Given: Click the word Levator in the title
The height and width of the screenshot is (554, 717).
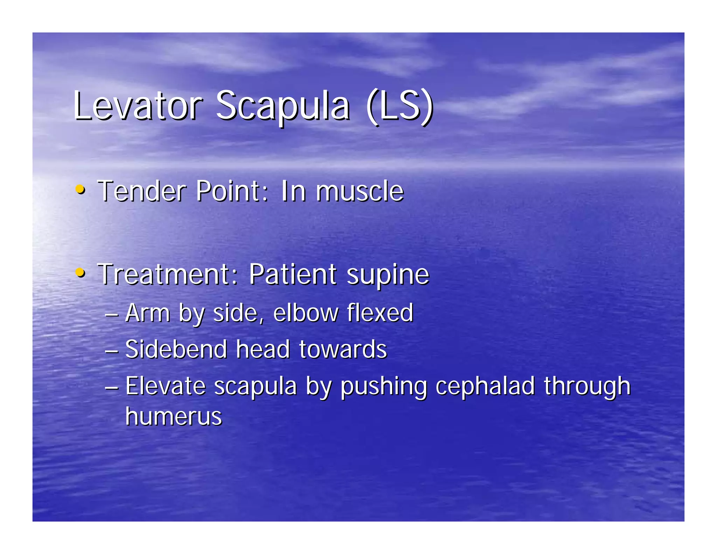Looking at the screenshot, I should [x=138, y=105].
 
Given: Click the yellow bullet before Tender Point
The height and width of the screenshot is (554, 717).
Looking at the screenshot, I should [x=80, y=190].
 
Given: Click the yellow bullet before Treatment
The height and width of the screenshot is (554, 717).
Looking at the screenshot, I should [x=80, y=272].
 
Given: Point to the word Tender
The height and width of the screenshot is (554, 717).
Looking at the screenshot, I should [x=141, y=191].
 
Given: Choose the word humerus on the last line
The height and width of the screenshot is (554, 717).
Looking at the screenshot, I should [x=174, y=416].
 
